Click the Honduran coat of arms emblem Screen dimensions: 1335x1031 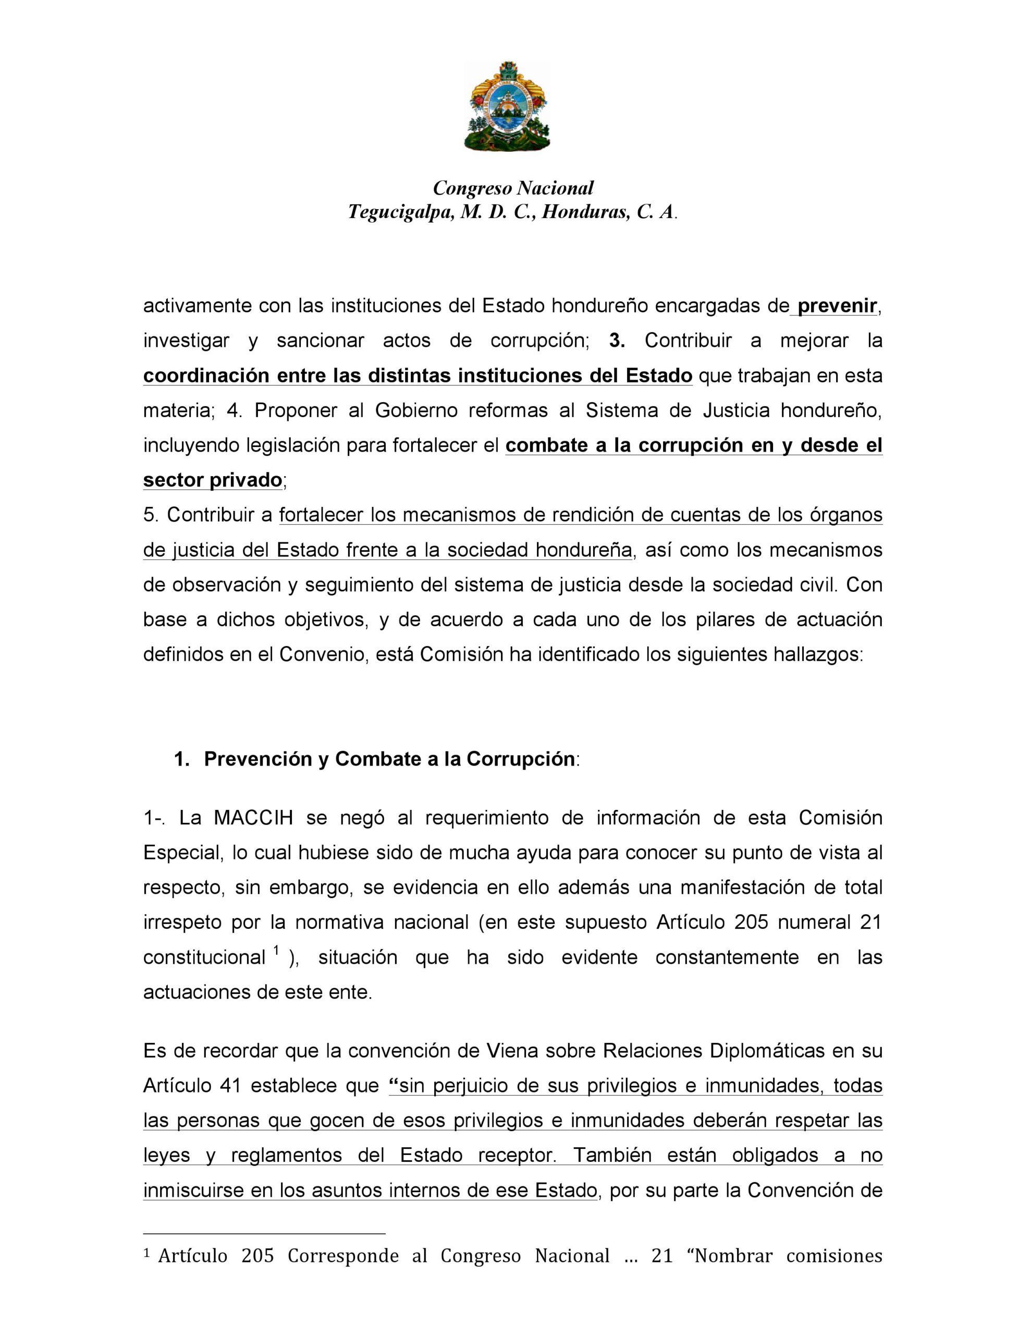(x=507, y=106)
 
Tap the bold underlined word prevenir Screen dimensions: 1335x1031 (x=837, y=306)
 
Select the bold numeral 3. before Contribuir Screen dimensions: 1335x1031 (x=617, y=341)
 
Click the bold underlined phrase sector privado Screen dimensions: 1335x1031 (x=212, y=480)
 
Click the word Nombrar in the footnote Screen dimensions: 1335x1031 (x=734, y=1256)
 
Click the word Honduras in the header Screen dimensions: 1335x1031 (x=587, y=212)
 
